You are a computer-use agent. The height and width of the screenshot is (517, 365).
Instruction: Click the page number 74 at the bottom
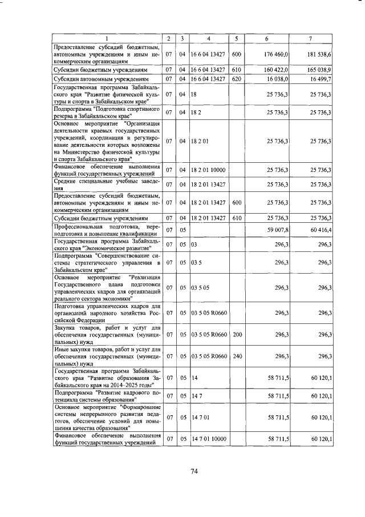click(193, 471)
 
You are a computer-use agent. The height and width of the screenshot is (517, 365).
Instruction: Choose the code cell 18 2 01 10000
click(209, 170)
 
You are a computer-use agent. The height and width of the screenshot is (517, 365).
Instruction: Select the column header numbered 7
click(310, 38)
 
